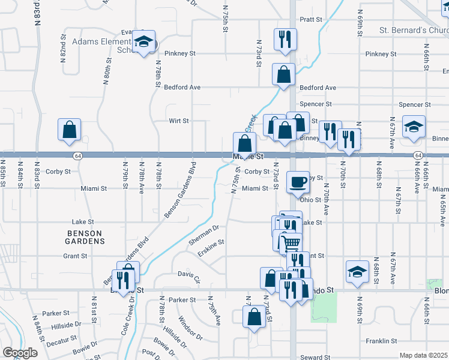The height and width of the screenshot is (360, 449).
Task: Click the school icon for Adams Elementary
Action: (x=143, y=41)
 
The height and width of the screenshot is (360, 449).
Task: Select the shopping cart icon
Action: (x=291, y=243)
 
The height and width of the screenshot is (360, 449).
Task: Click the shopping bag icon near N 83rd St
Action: (x=70, y=130)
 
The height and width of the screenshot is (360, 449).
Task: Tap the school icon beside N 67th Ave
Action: (x=414, y=127)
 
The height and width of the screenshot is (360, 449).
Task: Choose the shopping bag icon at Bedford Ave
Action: (x=283, y=75)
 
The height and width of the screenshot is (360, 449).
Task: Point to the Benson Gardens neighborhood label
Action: (x=85, y=236)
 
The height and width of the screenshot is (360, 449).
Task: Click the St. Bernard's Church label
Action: (x=414, y=30)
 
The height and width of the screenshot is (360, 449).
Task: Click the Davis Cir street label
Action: (x=189, y=276)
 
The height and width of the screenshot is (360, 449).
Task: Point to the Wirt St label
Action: (x=179, y=121)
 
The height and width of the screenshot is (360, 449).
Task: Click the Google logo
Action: (x=20, y=353)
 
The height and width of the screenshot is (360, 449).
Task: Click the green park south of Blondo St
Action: (x=322, y=308)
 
